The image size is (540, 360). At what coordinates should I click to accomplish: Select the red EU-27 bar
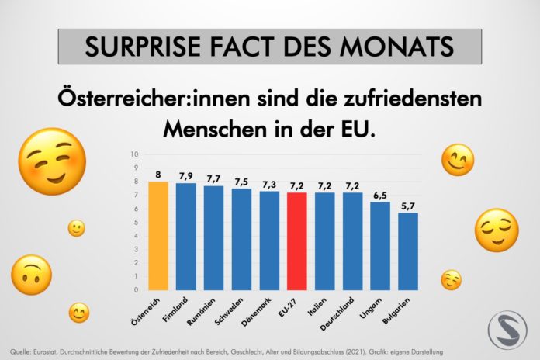click(297, 241)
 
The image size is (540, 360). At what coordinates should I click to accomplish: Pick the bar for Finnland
click(186, 237)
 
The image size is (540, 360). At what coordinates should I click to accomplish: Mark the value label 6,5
click(380, 196)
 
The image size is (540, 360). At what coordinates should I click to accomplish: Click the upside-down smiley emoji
click(31, 275)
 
